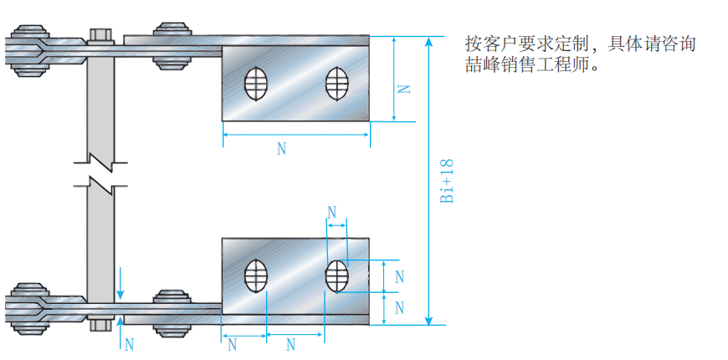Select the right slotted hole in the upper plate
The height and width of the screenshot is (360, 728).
(x=336, y=85)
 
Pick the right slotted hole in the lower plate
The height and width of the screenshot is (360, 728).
(x=336, y=275)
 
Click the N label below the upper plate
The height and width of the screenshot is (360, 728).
(x=281, y=149)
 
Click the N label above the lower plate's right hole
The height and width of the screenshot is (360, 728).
(x=332, y=211)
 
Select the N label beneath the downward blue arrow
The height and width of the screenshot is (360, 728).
(x=129, y=343)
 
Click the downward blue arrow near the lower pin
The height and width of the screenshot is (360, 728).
(x=120, y=285)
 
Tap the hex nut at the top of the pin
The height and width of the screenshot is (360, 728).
(x=100, y=36)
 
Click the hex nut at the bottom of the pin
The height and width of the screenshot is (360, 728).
(x=100, y=324)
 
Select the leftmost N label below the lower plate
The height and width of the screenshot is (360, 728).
(x=232, y=344)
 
